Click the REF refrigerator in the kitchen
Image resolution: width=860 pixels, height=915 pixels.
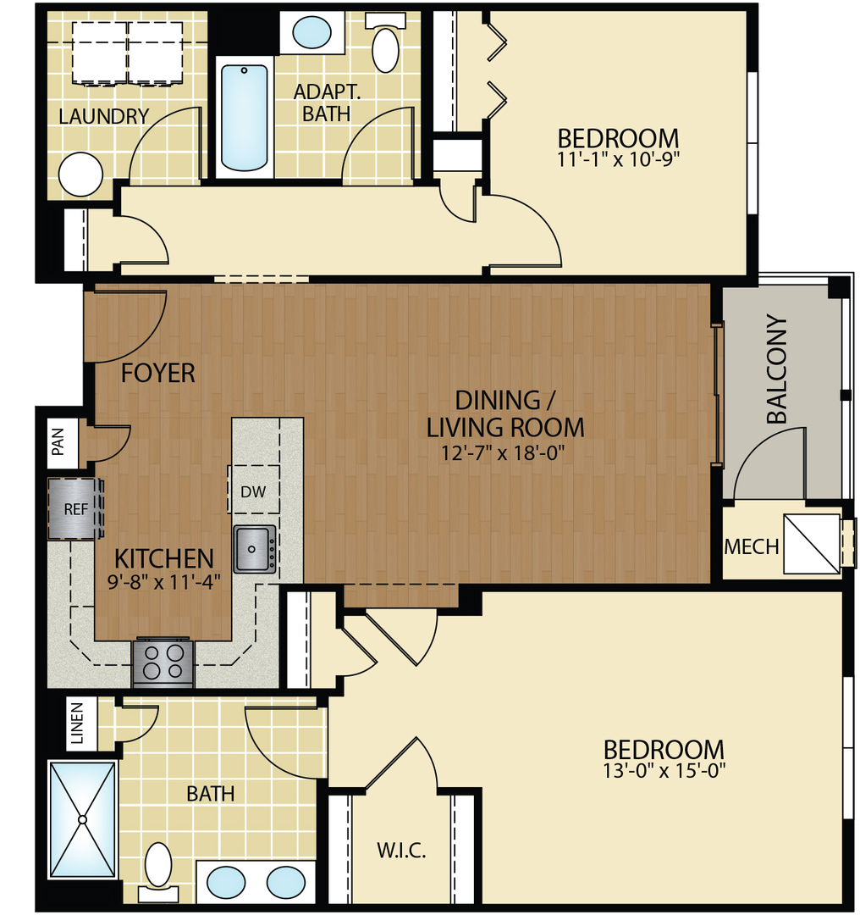[74, 509]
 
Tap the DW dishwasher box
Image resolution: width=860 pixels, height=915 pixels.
[253, 491]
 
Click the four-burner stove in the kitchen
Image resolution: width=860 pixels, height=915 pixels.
[163, 661]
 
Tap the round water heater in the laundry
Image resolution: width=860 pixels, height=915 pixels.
[81, 174]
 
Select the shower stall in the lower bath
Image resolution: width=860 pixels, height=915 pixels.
[82, 819]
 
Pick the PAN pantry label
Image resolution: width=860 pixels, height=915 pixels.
[58, 442]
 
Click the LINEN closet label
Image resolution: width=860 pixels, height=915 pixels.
[78, 724]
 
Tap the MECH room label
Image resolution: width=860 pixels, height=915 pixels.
[751, 547]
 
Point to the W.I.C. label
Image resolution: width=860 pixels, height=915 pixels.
[400, 850]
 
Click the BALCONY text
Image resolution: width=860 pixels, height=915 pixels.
[776, 370]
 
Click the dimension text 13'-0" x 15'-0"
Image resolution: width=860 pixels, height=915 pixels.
[664, 771]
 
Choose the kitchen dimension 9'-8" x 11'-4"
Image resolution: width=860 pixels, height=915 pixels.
[164, 581]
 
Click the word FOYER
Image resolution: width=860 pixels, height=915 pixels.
[158, 373]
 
